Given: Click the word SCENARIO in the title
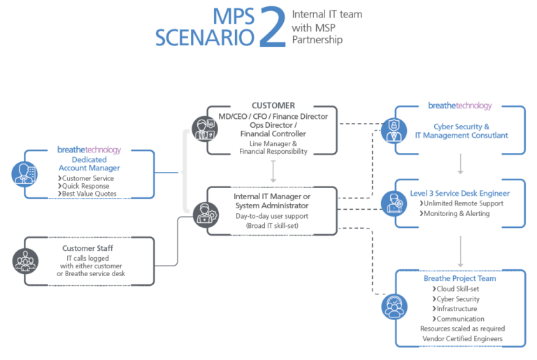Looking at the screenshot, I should click(x=205, y=37).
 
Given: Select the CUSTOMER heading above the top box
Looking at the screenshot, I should click(x=273, y=106).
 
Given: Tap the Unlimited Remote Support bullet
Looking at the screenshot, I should click(x=463, y=203).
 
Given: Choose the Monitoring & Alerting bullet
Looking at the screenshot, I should click(x=457, y=213).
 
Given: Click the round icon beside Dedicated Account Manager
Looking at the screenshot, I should click(x=26, y=173).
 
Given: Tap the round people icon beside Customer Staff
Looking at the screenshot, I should click(x=26, y=261).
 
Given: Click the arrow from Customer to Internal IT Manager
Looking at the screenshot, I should click(x=273, y=170).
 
